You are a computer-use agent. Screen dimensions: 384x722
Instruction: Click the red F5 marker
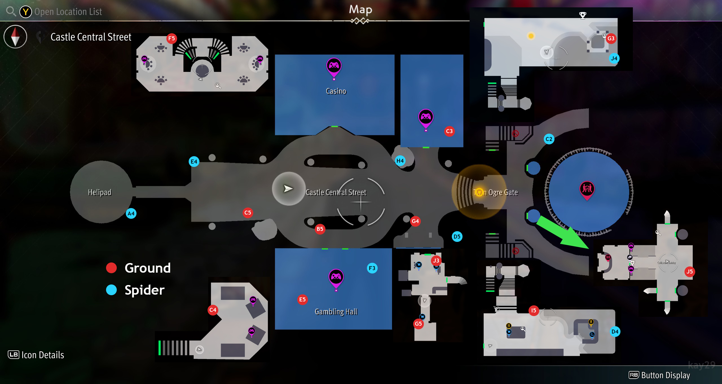click(171, 38)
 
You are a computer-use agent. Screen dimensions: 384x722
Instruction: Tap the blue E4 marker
click(194, 162)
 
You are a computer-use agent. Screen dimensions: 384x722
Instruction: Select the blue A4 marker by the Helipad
click(131, 213)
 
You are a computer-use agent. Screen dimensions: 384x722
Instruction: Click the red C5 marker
click(248, 213)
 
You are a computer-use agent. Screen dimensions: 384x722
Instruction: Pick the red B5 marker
click(320, 229)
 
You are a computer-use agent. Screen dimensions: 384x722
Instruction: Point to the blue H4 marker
click(400, 161)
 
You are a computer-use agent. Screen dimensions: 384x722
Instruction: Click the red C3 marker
click(449, 131)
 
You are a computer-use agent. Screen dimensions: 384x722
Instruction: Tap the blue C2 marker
click(549, 139)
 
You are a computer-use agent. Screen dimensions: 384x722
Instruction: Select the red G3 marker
click(611, 38)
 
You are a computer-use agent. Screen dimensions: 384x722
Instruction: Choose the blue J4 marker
click(614, 58)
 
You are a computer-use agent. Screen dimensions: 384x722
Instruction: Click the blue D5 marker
click(457, 237)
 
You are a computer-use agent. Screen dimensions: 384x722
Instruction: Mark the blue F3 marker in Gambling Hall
click(372, 268)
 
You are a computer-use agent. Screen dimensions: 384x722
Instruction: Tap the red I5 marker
click(534, 310)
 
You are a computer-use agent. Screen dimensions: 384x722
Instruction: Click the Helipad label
click(100, 192)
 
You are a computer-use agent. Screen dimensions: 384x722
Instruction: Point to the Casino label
click(336, 91)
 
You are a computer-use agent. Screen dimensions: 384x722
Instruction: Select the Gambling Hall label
click(336, 312)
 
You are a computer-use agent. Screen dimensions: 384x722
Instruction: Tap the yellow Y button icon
click(26, 12)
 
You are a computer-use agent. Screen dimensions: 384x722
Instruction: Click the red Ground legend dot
click(111, 268)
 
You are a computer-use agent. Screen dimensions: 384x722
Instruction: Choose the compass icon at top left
click(16, 37)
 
